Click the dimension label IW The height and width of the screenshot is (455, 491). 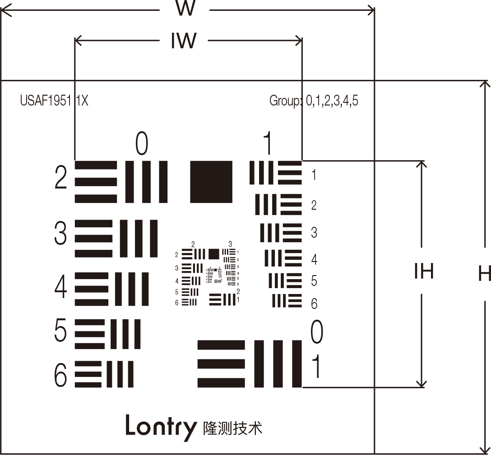click(184, 41)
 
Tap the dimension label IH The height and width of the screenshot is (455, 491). click(423, 271)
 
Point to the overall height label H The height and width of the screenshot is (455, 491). click(484, 273)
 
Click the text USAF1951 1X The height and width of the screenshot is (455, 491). click(54, 101)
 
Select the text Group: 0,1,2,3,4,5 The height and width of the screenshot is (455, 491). click(314, 101)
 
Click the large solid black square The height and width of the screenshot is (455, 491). click(211, 182)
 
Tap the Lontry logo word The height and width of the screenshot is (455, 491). click(161, 426)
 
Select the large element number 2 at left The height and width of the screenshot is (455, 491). click(61, 179)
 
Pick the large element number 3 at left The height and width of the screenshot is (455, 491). click(60, 233)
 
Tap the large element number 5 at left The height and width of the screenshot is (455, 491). click(60, 331)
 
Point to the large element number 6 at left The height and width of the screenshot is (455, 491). click(60, 374)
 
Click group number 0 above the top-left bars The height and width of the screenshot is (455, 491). click(142, 144)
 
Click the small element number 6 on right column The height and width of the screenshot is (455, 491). click(314, 303)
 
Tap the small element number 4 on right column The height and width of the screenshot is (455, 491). click(314, 260)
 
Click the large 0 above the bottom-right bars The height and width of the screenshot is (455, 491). click(317, 333)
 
